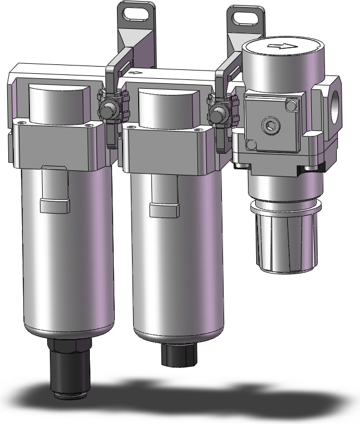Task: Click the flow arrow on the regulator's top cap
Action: pyautogui.click(x=276, y=46)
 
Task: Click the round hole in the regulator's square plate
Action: pyautogui.click(x=271, y=124)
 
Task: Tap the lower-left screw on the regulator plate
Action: pyautogui.click(x=251, y=145)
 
